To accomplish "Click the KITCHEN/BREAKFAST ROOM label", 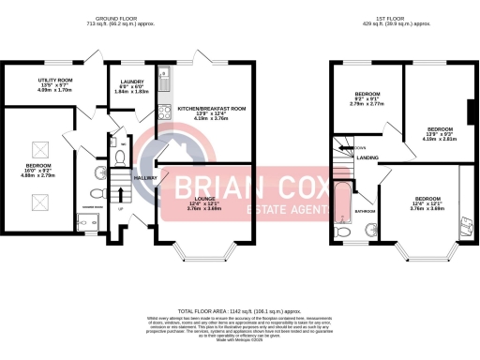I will click(211, 109).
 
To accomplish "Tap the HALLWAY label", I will click(146, 177).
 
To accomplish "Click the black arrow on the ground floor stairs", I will click(120, 193).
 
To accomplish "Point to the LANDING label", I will click(367, 158).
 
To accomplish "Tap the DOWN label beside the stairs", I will click(359, 147).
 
